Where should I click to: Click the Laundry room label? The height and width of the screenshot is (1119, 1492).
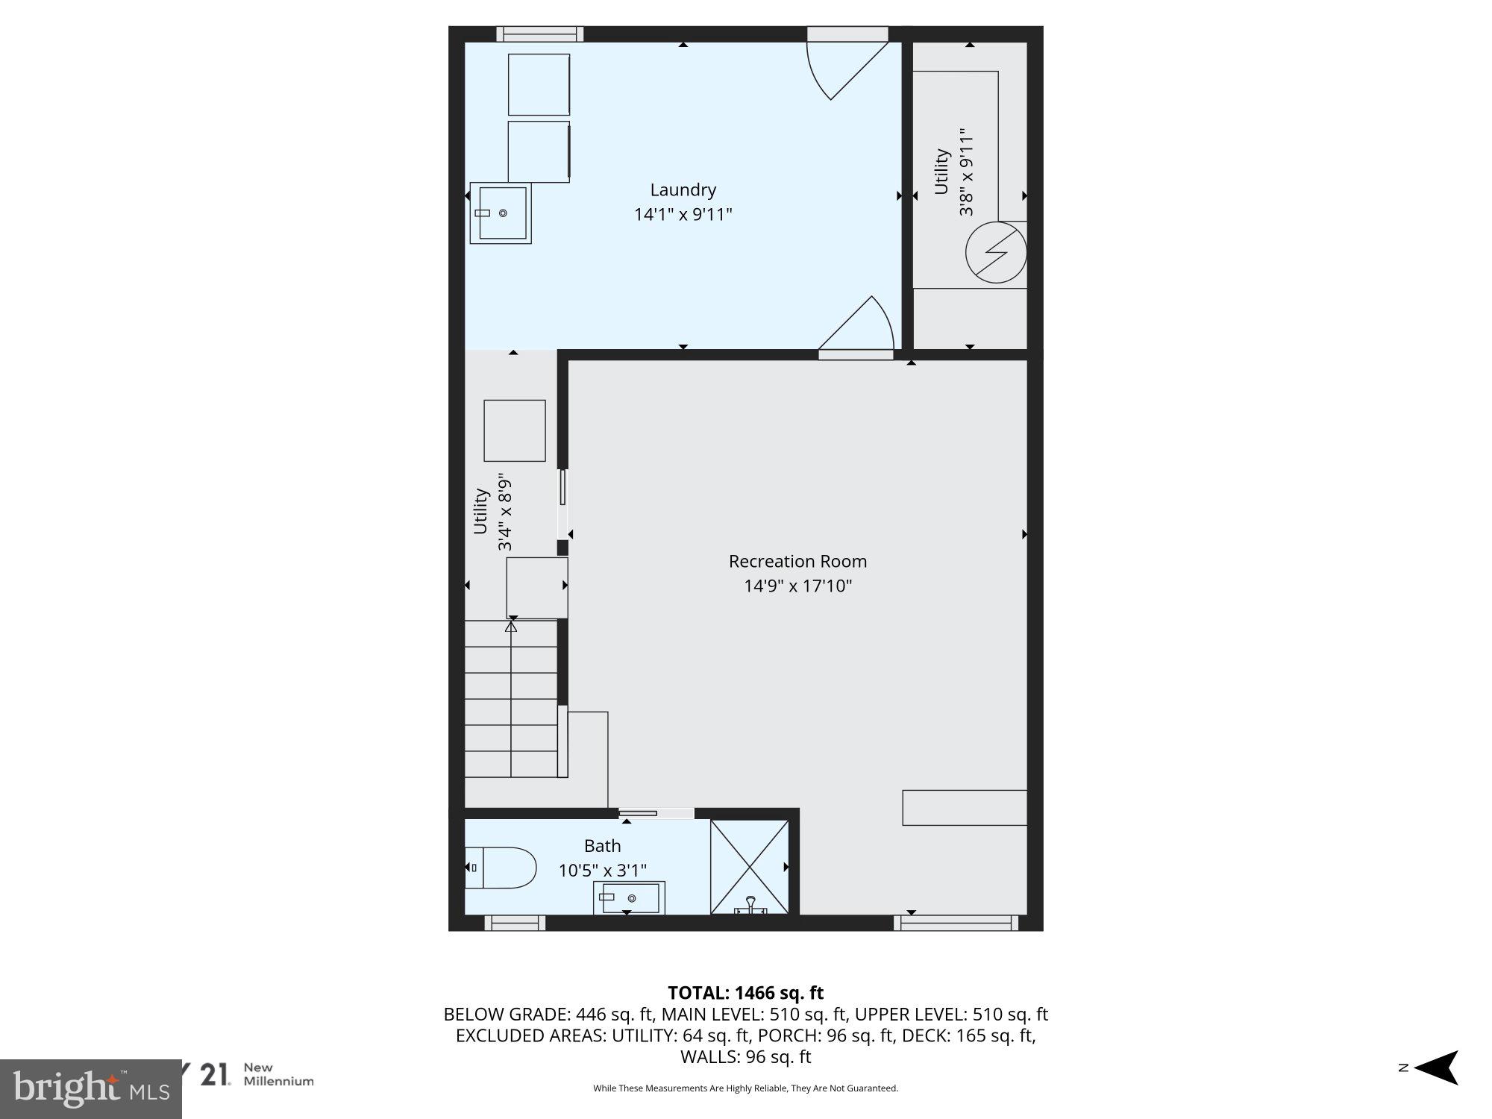tap(683, 190)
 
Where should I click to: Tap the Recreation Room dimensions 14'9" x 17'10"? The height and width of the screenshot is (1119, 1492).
tap(797, 586)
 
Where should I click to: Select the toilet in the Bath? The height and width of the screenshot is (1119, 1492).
tap(501, 868)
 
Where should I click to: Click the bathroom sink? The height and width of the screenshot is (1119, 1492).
tap(629, 898)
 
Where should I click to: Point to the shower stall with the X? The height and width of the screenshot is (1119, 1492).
tap(749, 867)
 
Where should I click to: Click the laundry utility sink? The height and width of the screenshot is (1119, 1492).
tap(501, 213)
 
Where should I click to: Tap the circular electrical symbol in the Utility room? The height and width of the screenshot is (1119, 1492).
tap(996, 253)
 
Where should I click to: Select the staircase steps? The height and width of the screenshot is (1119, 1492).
tap(511, 699)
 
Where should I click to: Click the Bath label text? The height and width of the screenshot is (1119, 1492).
tap(602, 846)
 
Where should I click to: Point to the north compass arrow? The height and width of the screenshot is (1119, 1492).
tap(1435, 1068)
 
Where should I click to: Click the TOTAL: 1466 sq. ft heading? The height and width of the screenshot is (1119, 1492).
tap(745, 993)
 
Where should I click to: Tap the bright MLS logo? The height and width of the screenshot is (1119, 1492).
tap(90, 1088)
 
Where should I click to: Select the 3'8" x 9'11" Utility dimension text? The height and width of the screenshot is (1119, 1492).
tap(967, 176)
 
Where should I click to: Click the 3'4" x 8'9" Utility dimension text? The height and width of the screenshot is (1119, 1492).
tap(505, 512)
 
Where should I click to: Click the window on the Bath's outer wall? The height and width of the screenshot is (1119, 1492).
tap(515, 924)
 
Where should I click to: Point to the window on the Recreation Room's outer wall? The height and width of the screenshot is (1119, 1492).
tap(956, 924)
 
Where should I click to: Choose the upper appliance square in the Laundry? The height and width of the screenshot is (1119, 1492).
tap(539, 84)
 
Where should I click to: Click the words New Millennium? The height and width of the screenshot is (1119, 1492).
tap(278, 1074)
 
